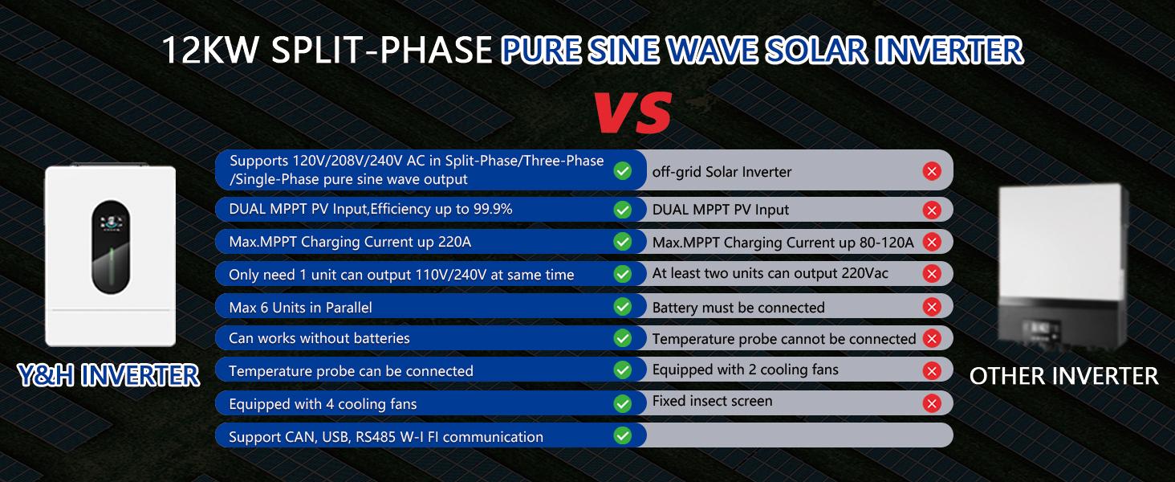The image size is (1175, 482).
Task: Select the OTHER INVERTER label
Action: [x=1063, y=375]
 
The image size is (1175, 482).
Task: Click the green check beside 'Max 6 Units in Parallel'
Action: [x=622, y=306]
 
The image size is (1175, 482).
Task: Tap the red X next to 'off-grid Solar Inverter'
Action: [x=932, y=170]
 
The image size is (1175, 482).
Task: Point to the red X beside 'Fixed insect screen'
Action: [x=932, y=403]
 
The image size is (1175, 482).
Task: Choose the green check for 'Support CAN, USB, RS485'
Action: [x=622, y=435]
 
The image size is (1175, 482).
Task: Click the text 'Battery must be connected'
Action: [x=738, y=308]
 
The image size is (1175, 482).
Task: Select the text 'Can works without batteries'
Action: [x=319, y=338]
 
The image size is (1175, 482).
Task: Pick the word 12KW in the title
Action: [x=209, y=51]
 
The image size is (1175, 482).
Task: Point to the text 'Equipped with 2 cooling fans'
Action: [x=745, y=370]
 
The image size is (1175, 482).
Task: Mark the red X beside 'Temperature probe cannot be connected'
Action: [x=932, y=338]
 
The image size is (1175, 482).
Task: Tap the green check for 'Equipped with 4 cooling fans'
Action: [x=622, y=403]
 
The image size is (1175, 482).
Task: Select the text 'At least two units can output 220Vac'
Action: [x=770, y=274]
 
